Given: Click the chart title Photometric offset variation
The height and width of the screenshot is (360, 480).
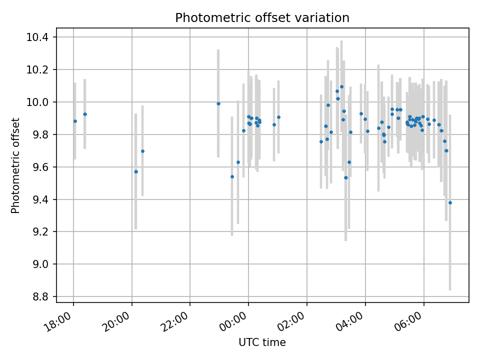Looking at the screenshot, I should pos(262,18).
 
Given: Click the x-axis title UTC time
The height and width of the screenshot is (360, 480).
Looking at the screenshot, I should pos(262,342).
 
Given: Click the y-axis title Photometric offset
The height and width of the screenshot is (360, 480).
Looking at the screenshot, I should pos(15,165).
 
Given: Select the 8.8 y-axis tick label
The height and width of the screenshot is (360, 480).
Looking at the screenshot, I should pos(41,297).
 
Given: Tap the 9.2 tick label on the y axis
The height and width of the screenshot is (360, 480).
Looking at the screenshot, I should pos(41,232).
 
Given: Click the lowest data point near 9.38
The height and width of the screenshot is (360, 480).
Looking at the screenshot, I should pos(450,202).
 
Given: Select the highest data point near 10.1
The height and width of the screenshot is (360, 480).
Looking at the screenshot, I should pos(341,86).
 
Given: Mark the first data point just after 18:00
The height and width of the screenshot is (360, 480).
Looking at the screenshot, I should pos(75,121).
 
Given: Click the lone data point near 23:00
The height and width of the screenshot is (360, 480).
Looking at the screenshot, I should pos(218,103).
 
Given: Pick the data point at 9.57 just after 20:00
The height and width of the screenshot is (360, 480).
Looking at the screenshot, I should pos(135,171).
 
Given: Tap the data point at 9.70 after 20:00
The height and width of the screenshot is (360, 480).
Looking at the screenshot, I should pos(142,151).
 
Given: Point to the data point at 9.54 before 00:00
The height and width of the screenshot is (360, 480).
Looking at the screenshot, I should pos(232,176).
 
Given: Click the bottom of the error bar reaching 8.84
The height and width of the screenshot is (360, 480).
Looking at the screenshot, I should pos(450,289).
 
